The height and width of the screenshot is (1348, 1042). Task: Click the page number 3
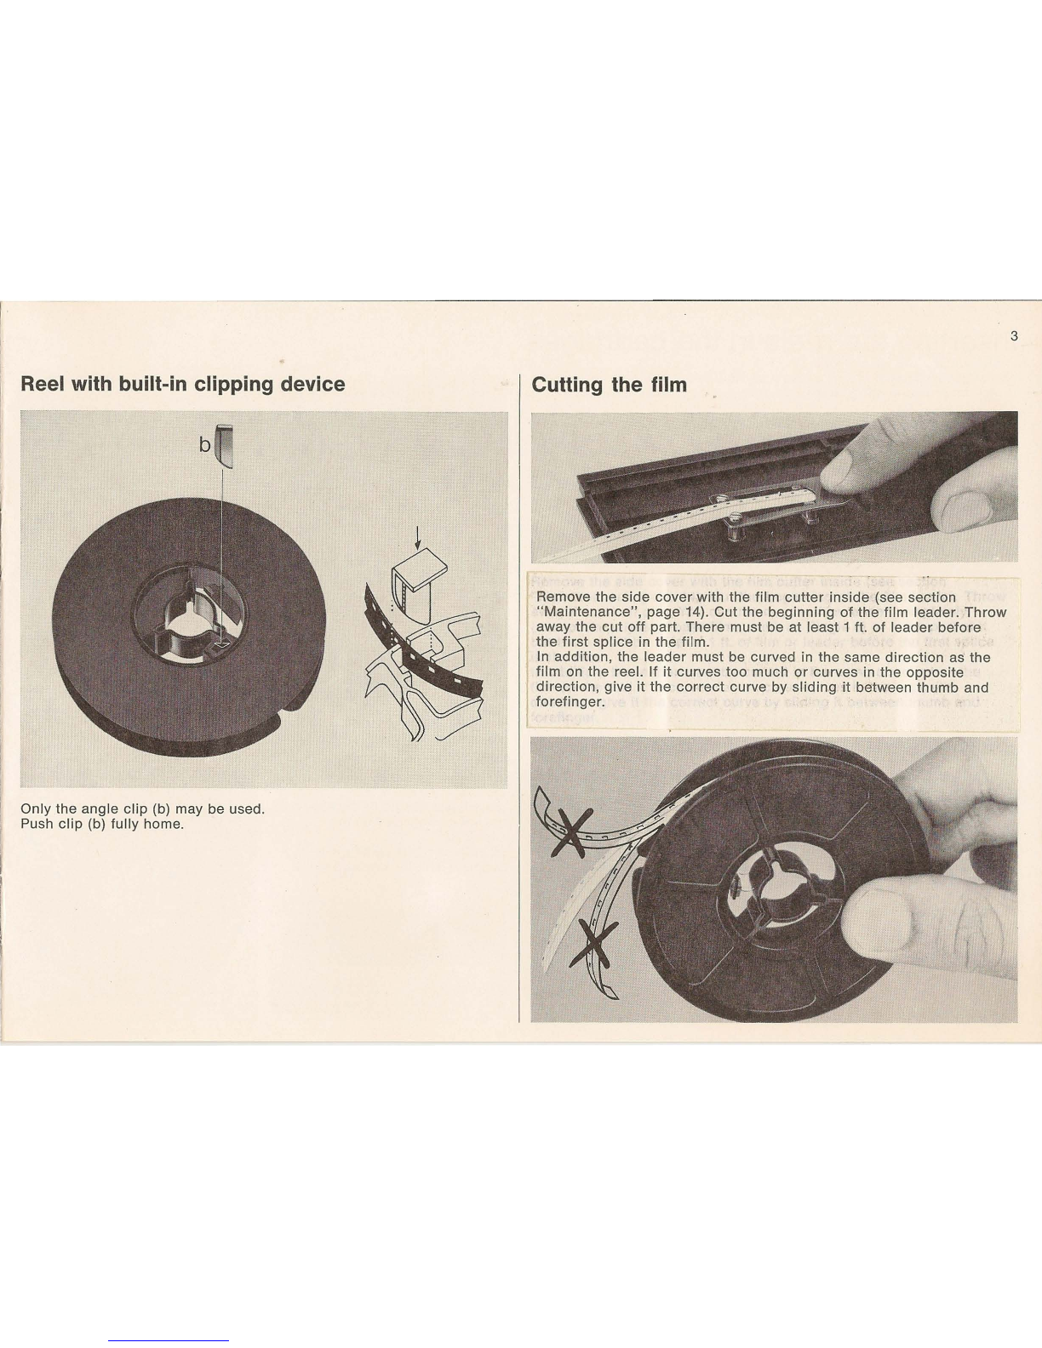click(x=1014, y=336)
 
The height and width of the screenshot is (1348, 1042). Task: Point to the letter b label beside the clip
click(x=205, y=445)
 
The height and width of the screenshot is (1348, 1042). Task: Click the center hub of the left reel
click(x=189, y=618)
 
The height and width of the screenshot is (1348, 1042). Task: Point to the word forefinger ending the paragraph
click(x=569, y=702)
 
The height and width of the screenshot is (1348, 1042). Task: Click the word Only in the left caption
click(x=32, y=809)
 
